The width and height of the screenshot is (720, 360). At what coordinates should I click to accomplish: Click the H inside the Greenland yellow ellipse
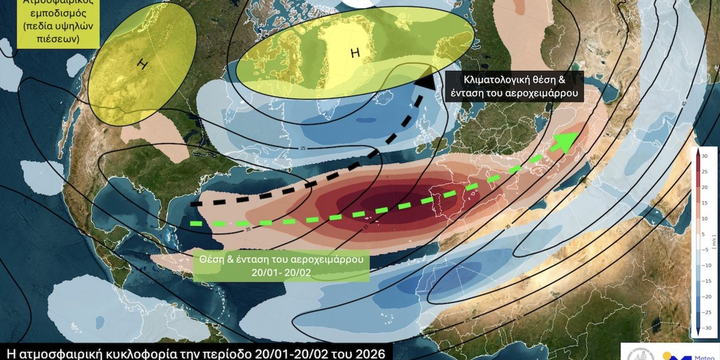(x=355, y=54)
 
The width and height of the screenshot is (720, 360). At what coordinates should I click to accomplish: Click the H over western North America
(x=143, y=64)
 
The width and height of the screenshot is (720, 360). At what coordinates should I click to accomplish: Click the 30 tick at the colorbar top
(x=704, y=156)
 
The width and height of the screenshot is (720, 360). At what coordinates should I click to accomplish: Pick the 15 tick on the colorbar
(x=704, y=203)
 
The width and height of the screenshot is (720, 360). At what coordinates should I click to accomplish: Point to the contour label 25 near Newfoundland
(x=303, y=148)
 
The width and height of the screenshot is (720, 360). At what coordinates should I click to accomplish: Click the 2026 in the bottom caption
(x=371, y=353)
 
